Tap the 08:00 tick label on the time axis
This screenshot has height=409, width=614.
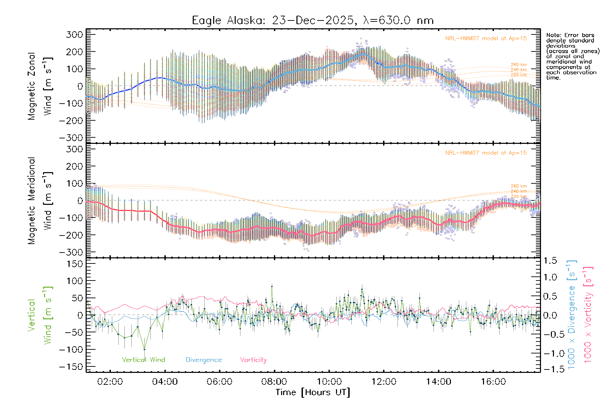pyautogui.click(x=274, y=382)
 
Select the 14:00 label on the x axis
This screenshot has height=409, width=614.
pyautogui.click(x=438, y=382)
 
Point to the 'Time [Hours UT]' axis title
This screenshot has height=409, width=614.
pyautogui.click(x=313, y=392)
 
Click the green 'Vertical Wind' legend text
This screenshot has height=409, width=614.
pyautogui.click(x=143, y=360)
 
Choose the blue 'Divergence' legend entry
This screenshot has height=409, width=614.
pyautogui.click(x=204, y=360)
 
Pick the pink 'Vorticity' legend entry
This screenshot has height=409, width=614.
pyautogui.click(x=253, y=360)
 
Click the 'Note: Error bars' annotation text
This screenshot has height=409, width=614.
pyautogui.click(x=570, y=35)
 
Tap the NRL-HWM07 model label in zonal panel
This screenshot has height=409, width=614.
pyautogui.click(x=486, y=39)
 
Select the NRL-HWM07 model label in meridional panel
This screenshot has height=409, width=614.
pyautogui.click(x=486, y=153)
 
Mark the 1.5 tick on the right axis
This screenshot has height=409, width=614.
pyautogui.click(x=550, y=261)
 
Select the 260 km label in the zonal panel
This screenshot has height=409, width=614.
pyautogui.click(x=518, y=65)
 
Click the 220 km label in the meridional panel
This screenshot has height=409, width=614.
pyautogui.click(x=518, y=196)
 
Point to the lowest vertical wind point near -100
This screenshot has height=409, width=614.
pyautogui.click(x=144, y=349)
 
